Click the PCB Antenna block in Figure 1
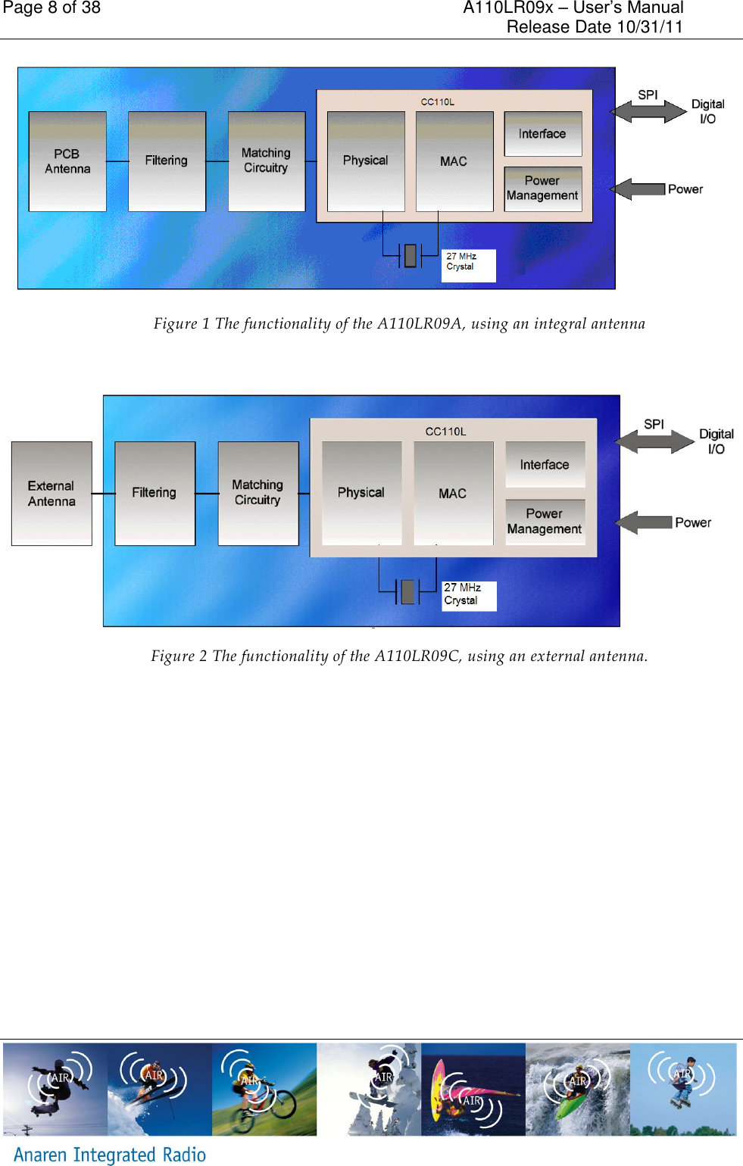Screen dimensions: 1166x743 point(67,161)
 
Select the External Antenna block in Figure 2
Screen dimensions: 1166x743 point(52,494)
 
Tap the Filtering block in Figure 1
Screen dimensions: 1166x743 point(167,161)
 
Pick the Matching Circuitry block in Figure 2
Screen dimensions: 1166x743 point(258,493)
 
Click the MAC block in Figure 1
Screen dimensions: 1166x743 point(454,161)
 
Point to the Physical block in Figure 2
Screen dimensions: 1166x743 point(361,493)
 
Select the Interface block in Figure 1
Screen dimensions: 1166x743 point(542,134)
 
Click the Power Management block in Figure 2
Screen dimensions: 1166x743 point(545,522)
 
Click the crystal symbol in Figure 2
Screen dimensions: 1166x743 point(408,591)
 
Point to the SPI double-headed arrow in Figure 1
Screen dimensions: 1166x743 point(648,111)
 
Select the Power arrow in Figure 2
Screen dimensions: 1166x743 point(644,522)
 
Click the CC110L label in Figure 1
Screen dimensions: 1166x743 point(438,102)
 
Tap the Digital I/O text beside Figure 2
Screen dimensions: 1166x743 point(716,441)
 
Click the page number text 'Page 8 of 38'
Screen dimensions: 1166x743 point(52,8)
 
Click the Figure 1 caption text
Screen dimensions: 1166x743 point(399,324)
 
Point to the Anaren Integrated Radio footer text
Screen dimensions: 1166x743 point(110,1154)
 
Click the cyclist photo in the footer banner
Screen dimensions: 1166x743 point(264,1089)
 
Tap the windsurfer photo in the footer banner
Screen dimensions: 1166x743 point(473,1089)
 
